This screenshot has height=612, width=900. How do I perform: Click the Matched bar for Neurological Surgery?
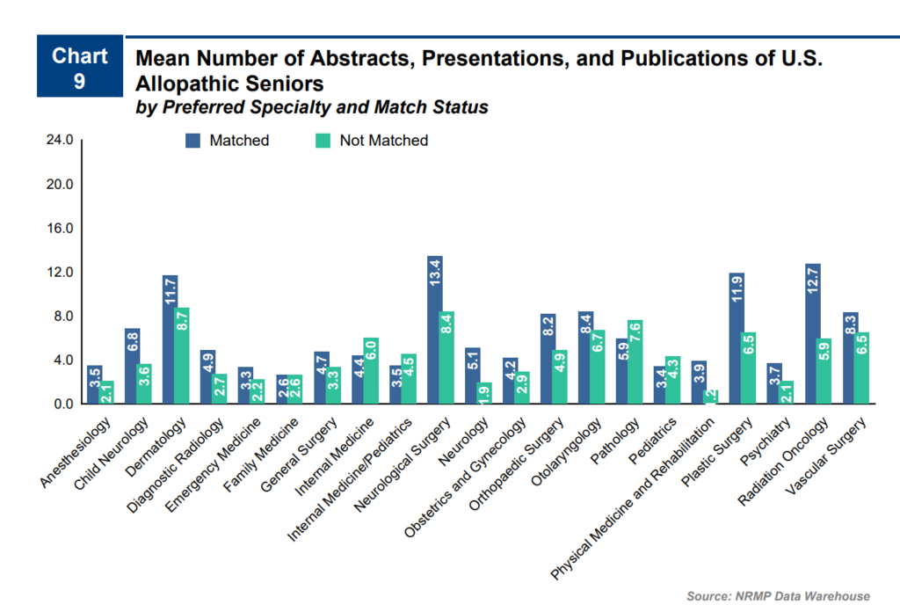pos(434,330)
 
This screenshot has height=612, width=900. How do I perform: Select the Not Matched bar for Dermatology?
pos(184,355)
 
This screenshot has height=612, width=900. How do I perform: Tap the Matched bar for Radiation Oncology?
pos(812,334)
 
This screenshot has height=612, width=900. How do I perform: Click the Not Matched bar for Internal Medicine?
pos(372,370)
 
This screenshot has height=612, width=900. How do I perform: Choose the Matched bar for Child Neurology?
pos(132,366)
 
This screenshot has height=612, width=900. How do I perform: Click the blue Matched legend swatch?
pos(193,141)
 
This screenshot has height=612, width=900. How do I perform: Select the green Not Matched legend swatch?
pos(323,141)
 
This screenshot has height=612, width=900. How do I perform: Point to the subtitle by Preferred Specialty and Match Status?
pos(311,108)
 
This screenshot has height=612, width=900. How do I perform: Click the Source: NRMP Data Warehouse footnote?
pos(778,596)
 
